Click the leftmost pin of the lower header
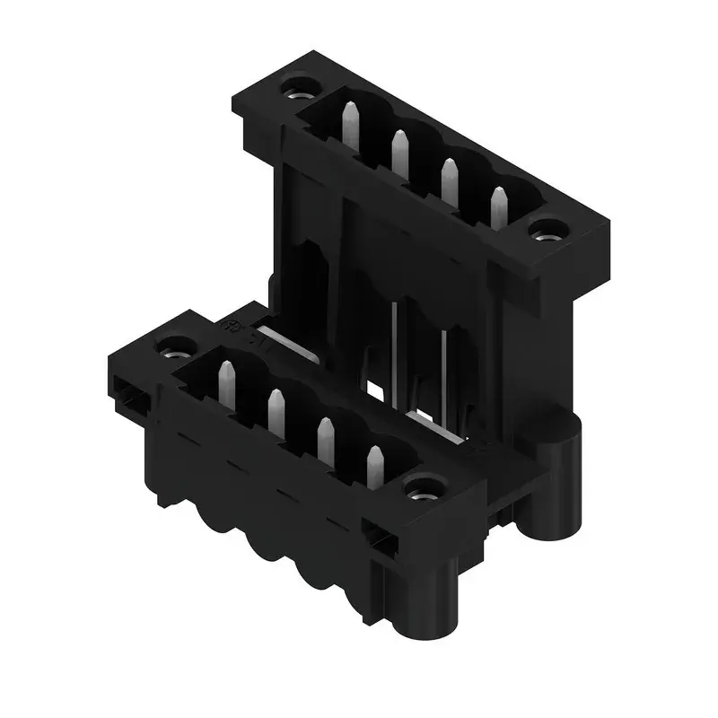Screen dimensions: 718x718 [227, 382]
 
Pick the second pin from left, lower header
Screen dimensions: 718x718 [276, 412]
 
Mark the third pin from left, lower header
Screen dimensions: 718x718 [325, 441]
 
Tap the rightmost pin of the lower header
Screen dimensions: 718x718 [374, 468]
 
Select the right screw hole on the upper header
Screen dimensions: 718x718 [542, 234]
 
